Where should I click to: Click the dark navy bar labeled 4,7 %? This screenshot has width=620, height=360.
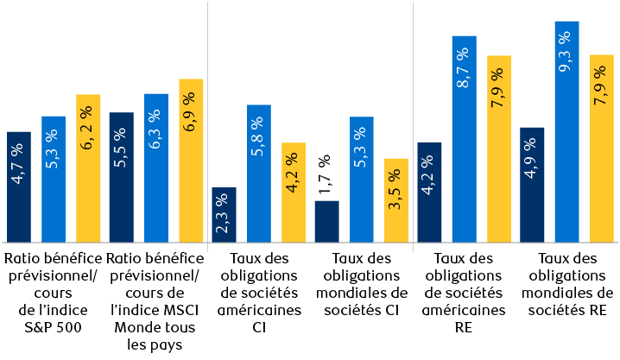click(x=19, y=186)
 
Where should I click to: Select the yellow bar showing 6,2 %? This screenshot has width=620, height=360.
click(x=88, y=168)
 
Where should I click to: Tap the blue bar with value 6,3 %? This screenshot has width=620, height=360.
click(x=156, y=167)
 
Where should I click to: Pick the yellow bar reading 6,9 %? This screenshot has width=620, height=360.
click(x=191, y=161)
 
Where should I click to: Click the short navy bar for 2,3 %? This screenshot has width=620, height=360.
click(x=225, y=215)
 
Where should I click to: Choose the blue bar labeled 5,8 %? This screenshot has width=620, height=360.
click(x=259, y=173)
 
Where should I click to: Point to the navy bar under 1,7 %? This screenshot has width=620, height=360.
click(x=327, y=222)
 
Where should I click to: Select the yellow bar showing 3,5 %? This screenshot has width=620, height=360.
click(x=395, y=200)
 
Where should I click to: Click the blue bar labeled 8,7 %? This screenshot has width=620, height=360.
click(x=465, y=138)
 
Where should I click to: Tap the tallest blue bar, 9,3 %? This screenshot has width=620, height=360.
click(x=566, y=131)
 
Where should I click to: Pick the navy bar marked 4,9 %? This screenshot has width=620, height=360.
click(x=533, y=185)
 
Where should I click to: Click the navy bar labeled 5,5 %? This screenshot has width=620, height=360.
click(x=122, y=177)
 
